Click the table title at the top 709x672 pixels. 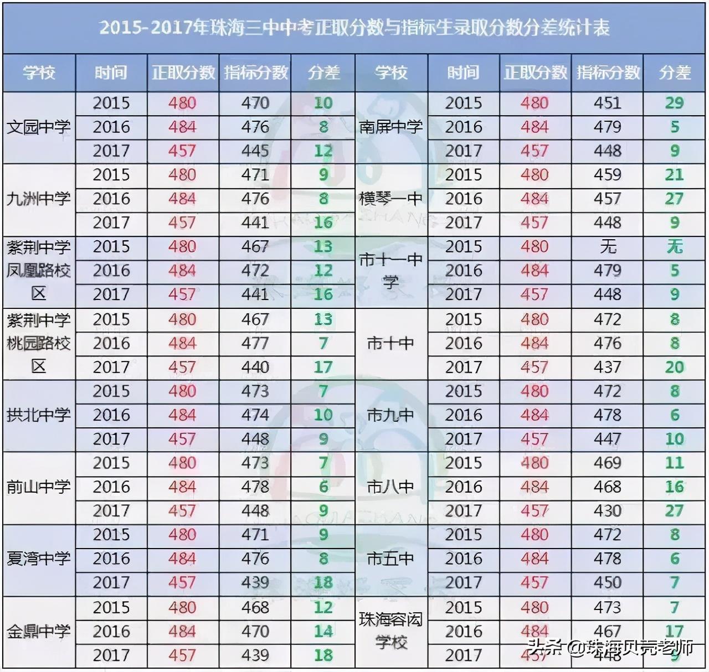click(x=354, y=28)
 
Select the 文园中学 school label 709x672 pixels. click(x=39, y=127)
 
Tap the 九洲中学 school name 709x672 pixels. click(x=39, y=199)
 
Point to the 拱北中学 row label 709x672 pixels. click(x=39, y=415)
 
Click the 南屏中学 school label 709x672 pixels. click(x=391, y=127)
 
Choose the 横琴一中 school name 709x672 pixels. click(x=391, y=199)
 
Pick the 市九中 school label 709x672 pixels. click(x=391, y=415)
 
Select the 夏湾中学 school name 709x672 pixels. click(x=39, y=559)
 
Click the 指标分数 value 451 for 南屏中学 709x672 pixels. click(x=608, y=103)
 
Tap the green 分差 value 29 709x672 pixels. click(x=674, y=103)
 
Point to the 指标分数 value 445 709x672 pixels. click(x=255, y=151)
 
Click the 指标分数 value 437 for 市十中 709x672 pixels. click(x=608, y=367)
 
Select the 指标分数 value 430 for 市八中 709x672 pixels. click(x=608, y=510)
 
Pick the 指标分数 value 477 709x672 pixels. click(x=255, y=343)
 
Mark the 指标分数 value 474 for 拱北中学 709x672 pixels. click(x=255, y=415)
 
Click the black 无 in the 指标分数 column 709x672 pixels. click(x=608, y=246)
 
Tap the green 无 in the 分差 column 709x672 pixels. click(x=674, y=246)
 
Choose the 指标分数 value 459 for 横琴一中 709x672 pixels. click(x=608, y=175)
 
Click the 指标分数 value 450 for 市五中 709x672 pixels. click(x=608, y=582)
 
